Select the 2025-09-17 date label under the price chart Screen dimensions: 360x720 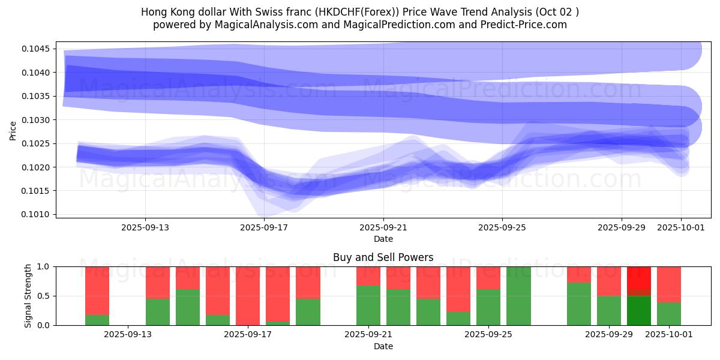(x=264, y=227)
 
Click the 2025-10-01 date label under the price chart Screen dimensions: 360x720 (x=681, y=227)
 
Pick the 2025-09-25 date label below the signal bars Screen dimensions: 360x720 (x=486, y=334)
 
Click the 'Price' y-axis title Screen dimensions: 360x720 (x=13, y=130)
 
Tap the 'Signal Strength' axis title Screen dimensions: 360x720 (x=28, y=295)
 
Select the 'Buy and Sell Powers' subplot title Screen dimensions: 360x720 (x=383, y=257)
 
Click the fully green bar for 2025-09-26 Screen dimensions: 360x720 (x=518, y=295)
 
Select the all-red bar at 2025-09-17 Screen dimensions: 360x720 (x=248, y=295)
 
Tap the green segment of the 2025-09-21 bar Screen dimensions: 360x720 (x=368, y=305)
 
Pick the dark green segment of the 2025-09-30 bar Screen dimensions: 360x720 (x=638, y=310)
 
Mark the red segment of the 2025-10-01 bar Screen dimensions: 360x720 (x=669, y=284)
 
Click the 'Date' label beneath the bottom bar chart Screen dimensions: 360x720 (x=383, y=346)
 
